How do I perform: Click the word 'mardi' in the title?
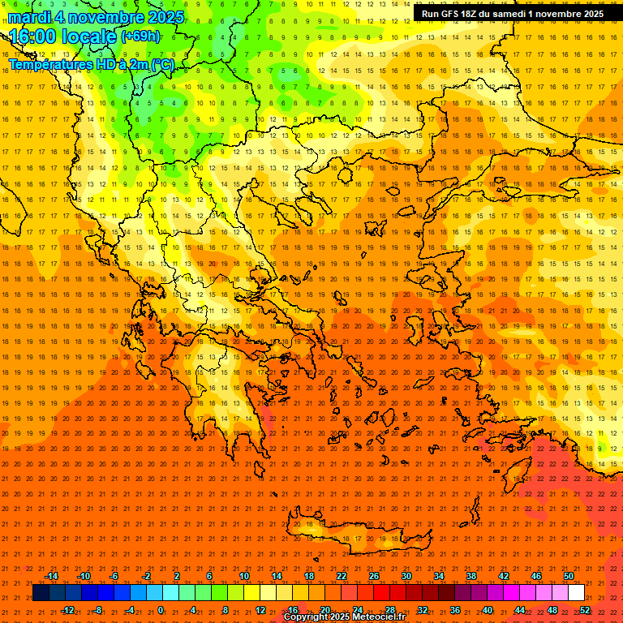tap(30, 17)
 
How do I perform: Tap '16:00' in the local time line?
tap(35, 37)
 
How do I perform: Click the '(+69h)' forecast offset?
tap(140, 37)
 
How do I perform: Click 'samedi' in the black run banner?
tap(507, 14)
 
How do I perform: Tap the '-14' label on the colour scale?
tap(51, 576)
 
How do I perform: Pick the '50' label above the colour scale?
tap(568, 576)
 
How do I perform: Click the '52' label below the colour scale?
tap(585, 610)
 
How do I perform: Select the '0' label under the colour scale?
tap(160, 610)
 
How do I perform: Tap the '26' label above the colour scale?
tap(373, 576)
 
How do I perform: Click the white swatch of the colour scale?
tap(576, 593)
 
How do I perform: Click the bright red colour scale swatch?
tap(381, 593)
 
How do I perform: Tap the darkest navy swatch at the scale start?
tap(41, 593)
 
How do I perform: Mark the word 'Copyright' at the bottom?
tap(307, 617)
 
